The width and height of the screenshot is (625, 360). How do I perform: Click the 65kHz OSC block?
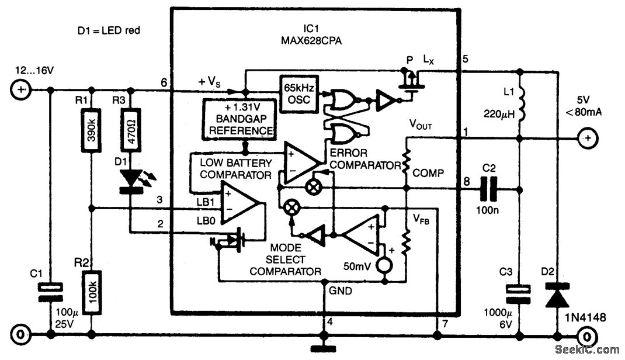click(x=298, y=94)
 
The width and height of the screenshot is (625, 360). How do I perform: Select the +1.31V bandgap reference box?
click(x=239, y=119)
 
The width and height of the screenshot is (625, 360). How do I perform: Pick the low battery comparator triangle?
click(x=239, y=202)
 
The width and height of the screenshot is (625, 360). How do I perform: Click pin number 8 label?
click(x=466, y=181)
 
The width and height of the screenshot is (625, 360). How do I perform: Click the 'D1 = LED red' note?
click(x=109, y=30)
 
